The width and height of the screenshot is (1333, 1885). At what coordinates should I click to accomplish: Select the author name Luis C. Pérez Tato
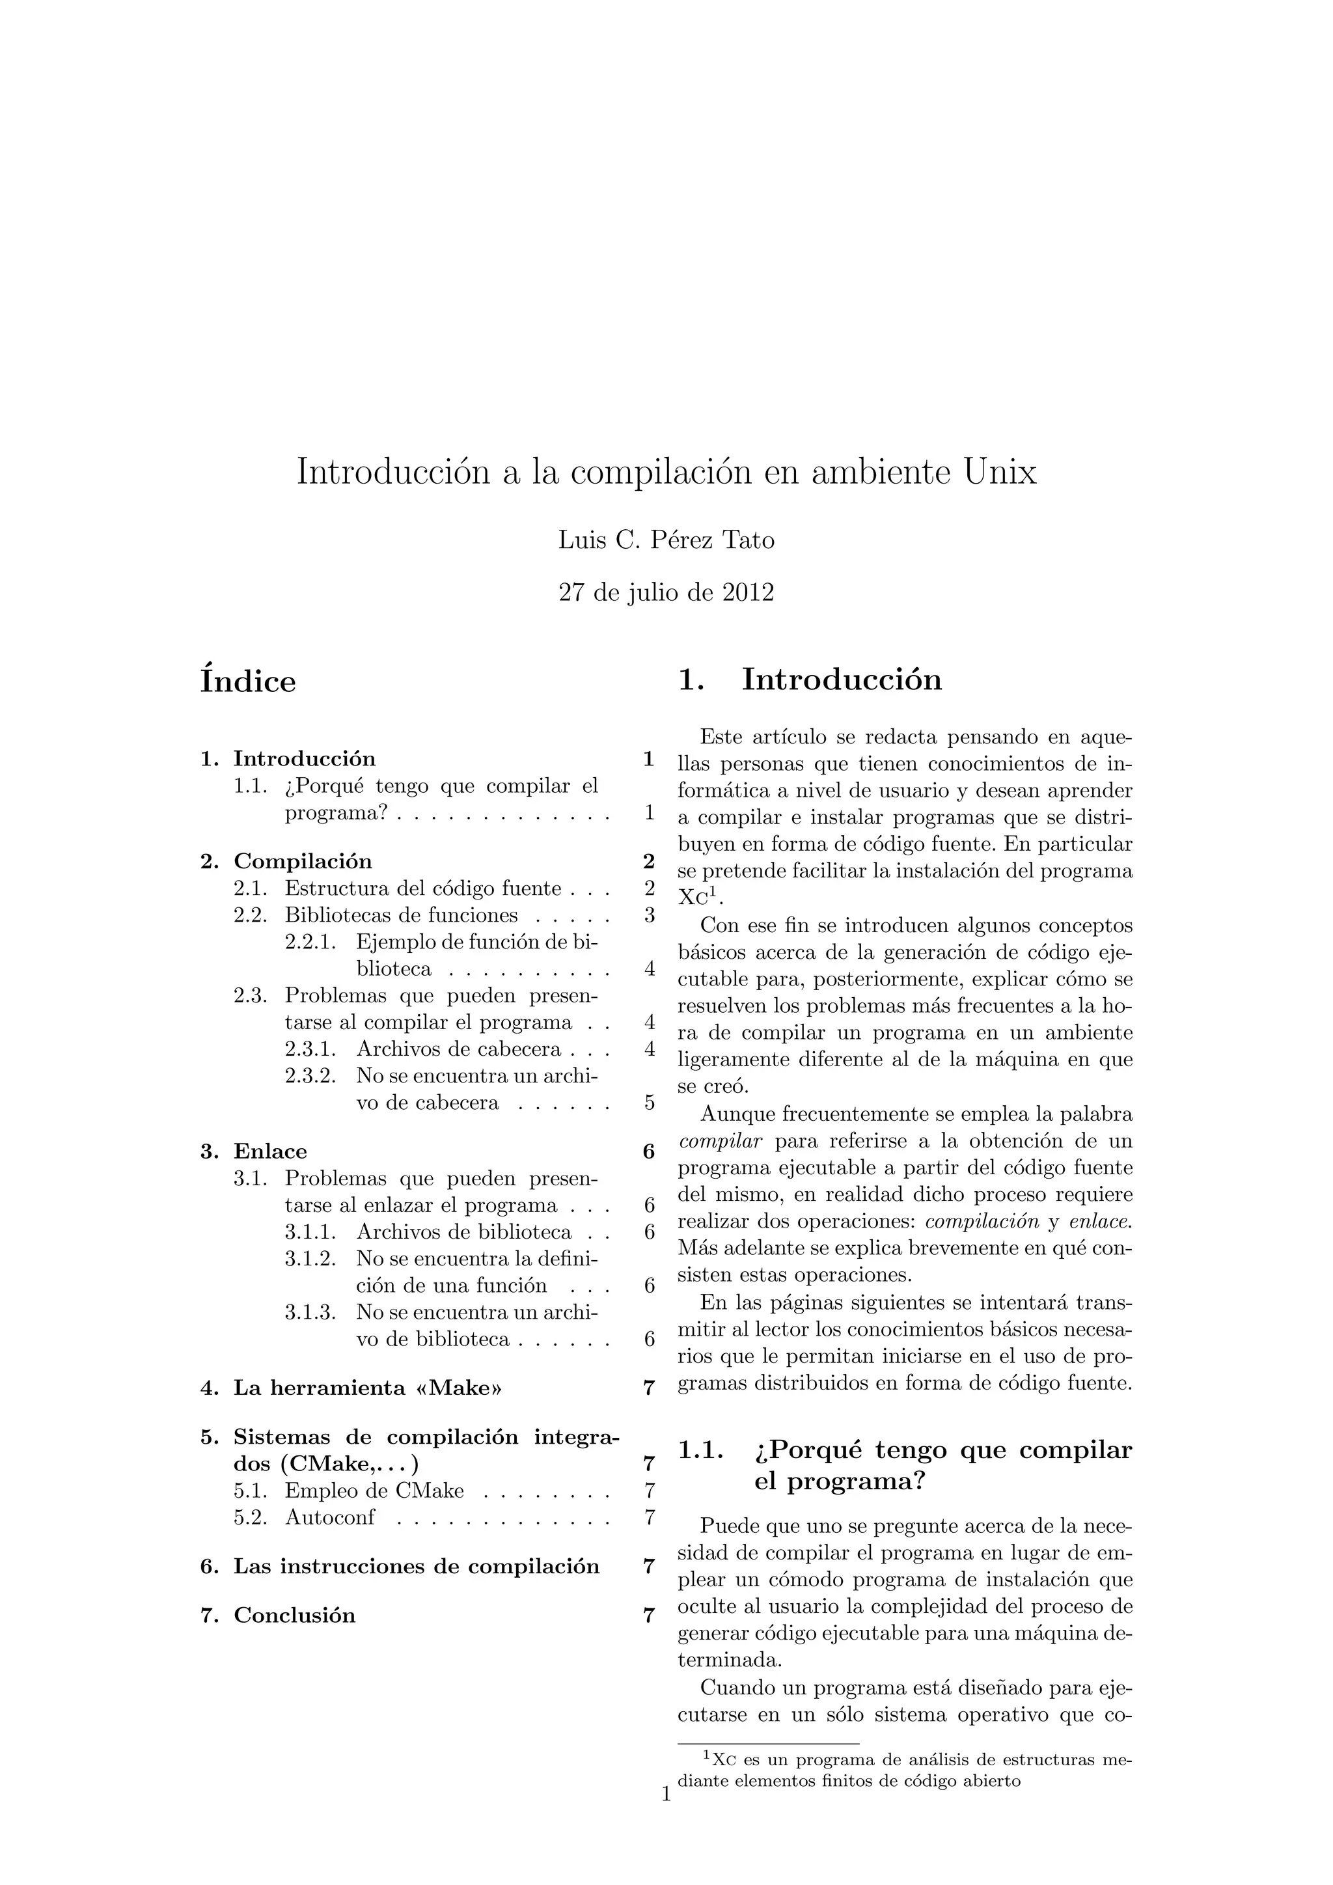click(666, 540)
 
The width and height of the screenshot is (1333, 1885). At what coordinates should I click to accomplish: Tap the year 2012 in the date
click(748, 592)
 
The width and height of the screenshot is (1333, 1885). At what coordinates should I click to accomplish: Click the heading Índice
click(248, 681)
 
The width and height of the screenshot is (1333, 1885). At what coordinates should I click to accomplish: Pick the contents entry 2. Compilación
click(286, 861)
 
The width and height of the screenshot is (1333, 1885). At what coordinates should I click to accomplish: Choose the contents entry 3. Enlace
click(254, 1151)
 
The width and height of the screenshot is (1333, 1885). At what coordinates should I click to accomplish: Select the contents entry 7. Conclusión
click(279, 1615)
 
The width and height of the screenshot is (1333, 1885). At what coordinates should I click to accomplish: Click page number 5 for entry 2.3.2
click(650, 1103)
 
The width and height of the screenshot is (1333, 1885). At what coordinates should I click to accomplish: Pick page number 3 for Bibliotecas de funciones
click(650, 915)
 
